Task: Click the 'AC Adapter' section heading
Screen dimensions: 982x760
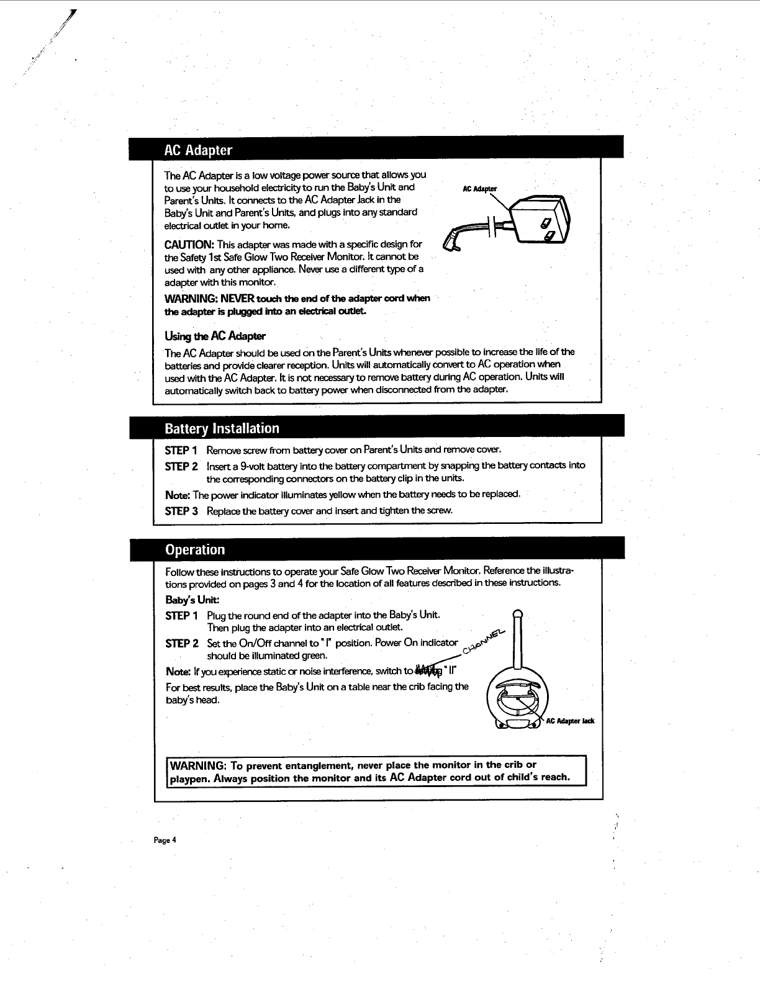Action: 197,150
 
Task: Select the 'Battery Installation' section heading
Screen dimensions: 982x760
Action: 222,428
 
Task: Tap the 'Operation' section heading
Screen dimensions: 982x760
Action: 195,549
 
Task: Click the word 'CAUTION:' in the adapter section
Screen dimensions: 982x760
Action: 189,244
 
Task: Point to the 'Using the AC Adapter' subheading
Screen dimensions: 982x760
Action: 215,336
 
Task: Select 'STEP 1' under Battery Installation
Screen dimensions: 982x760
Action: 181,449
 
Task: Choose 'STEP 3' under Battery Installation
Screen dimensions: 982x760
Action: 181,511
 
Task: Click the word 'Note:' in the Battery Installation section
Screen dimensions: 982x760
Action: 178,495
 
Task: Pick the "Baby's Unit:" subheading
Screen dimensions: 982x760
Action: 192,600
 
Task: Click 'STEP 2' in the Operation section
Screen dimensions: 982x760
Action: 181,643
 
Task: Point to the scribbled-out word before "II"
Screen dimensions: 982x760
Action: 429,670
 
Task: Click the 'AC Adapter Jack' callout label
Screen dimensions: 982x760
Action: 570,721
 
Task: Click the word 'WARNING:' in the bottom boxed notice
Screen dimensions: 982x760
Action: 197,764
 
